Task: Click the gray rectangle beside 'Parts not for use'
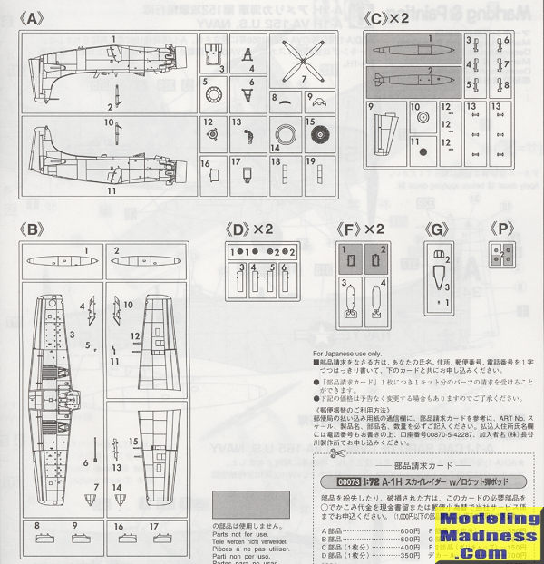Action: pos(250,504)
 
